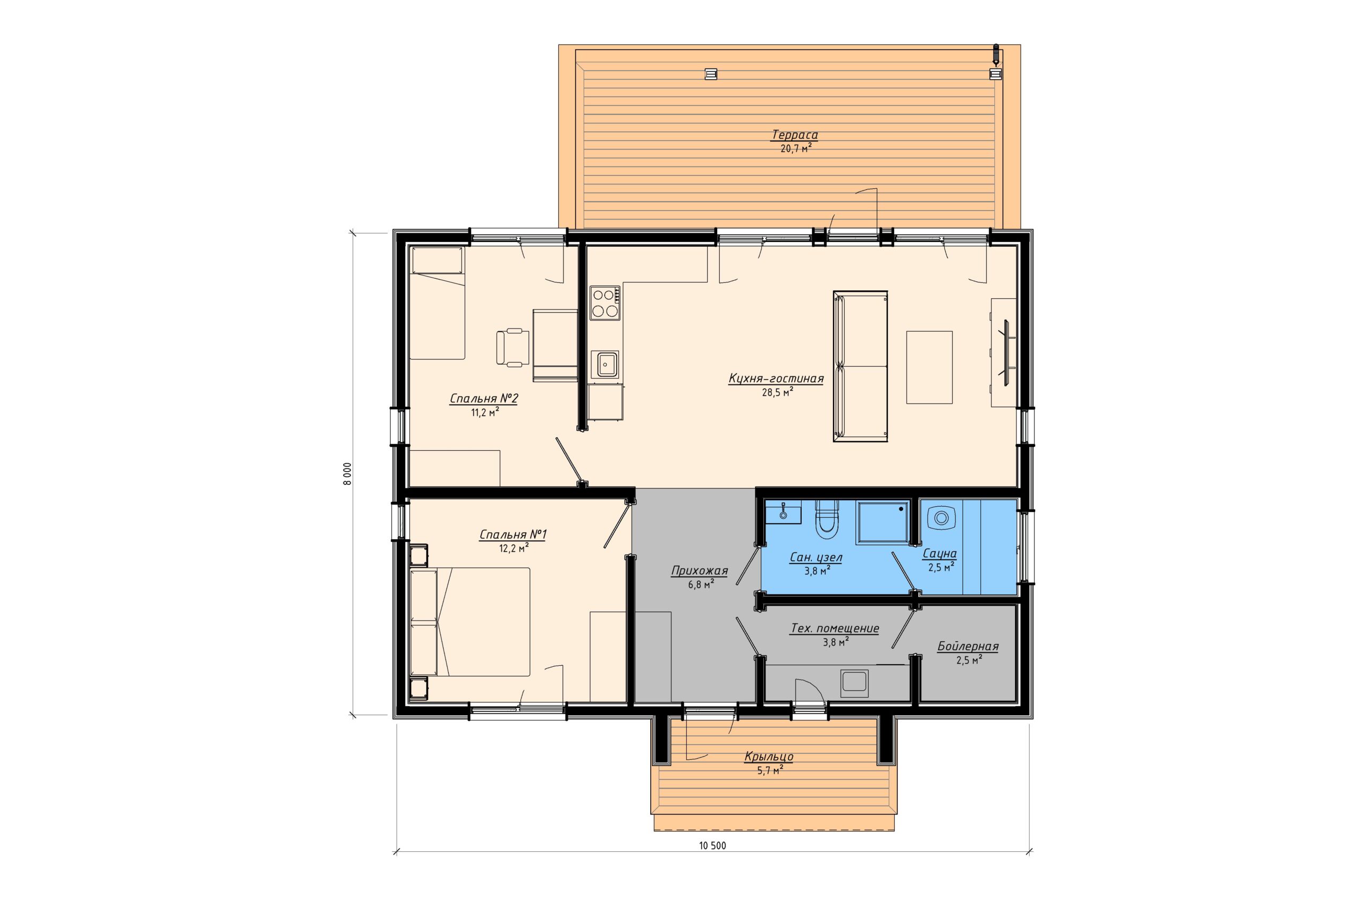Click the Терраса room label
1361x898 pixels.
click(795, 136)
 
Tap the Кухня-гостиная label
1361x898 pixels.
click(776, 379)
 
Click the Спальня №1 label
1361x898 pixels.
click(513, 535)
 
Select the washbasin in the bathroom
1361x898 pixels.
click(783, 512)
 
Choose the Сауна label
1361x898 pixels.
click(939, 555)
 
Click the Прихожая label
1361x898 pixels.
click(699, 571)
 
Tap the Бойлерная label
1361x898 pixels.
click(968, 647)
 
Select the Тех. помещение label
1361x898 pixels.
click(835, 629)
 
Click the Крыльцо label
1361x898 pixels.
click(769, 757)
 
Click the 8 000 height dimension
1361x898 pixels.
click(348, 474)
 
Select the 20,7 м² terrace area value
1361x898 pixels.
click(795, 149)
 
